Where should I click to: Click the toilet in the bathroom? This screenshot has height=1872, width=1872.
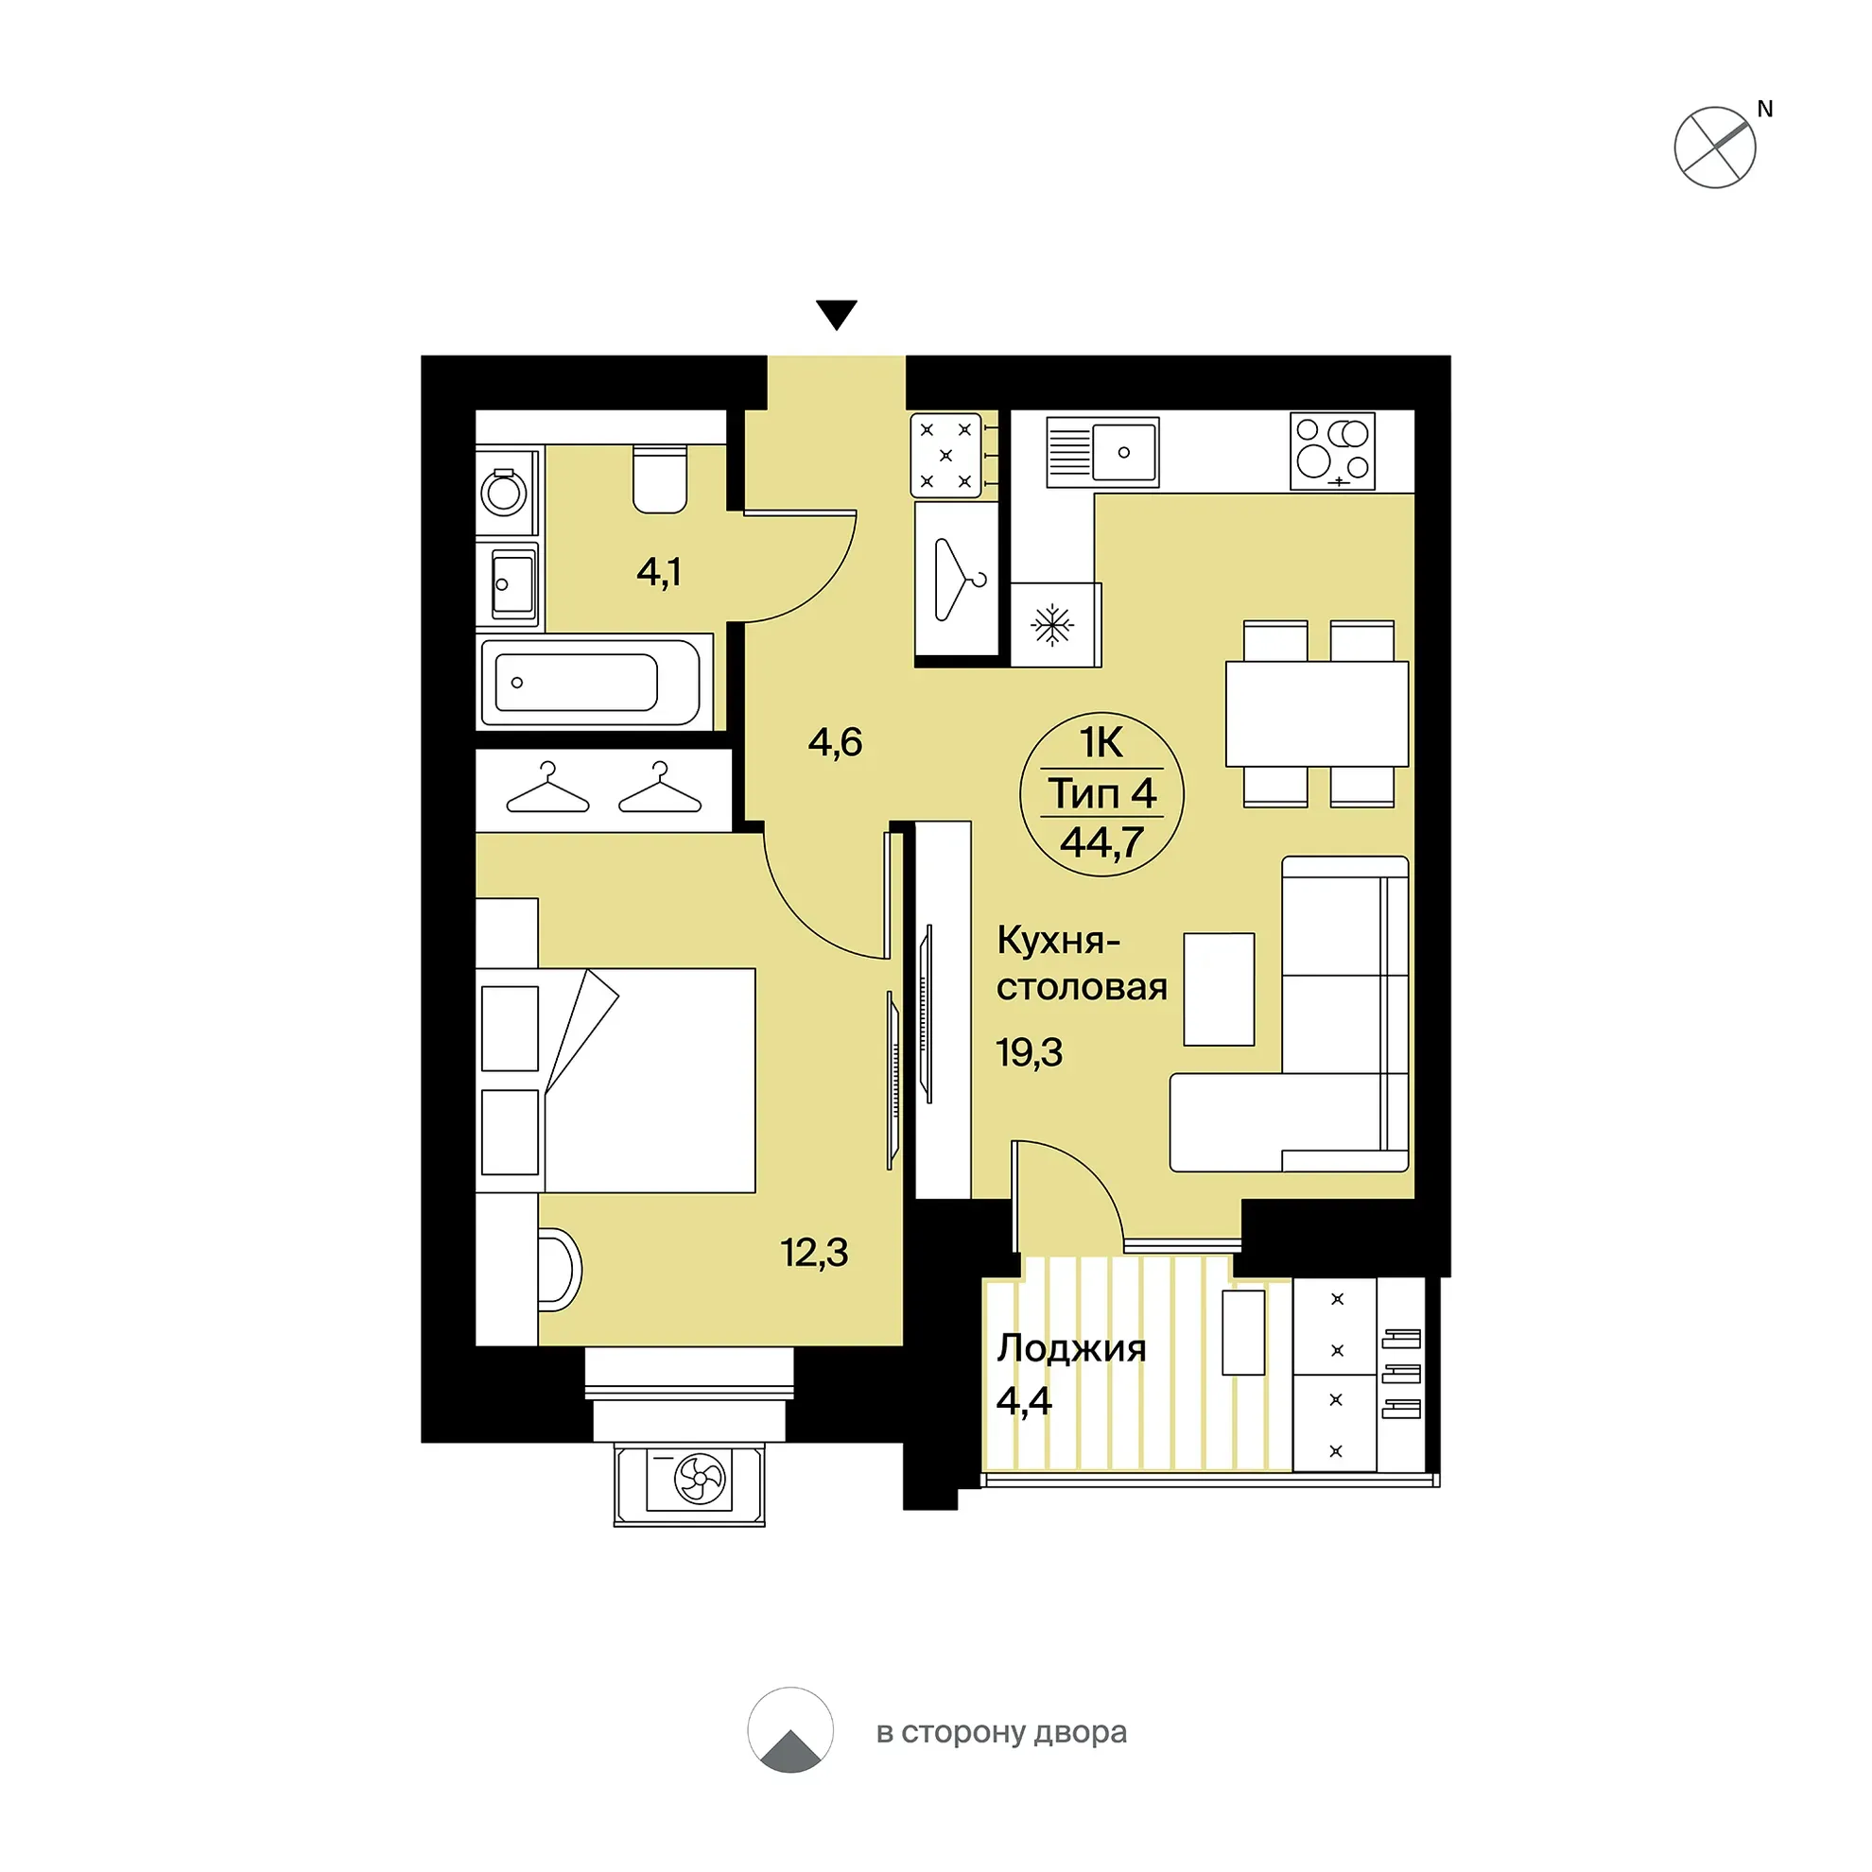660,478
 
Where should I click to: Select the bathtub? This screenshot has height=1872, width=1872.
590,681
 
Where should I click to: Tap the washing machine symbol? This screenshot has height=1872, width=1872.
505,493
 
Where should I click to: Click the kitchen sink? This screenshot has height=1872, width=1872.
1102,452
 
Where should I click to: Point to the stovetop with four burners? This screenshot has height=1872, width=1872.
1332,452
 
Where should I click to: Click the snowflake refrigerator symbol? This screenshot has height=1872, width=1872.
1052,625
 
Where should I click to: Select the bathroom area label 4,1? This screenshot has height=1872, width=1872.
659,572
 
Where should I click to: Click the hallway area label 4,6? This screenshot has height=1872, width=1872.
835,742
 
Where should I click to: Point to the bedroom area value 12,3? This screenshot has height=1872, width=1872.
815,1253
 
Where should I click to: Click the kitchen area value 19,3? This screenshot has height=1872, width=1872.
1029,1052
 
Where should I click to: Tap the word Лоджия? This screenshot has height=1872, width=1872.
1071,1349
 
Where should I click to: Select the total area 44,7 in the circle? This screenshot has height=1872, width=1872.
1101,842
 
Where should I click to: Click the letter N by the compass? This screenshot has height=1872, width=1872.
1764,110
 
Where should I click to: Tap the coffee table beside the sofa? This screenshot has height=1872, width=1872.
1219,989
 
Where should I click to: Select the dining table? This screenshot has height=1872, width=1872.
1317,714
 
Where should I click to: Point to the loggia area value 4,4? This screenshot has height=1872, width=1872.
1024,1401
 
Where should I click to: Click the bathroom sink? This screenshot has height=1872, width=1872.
511,584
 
